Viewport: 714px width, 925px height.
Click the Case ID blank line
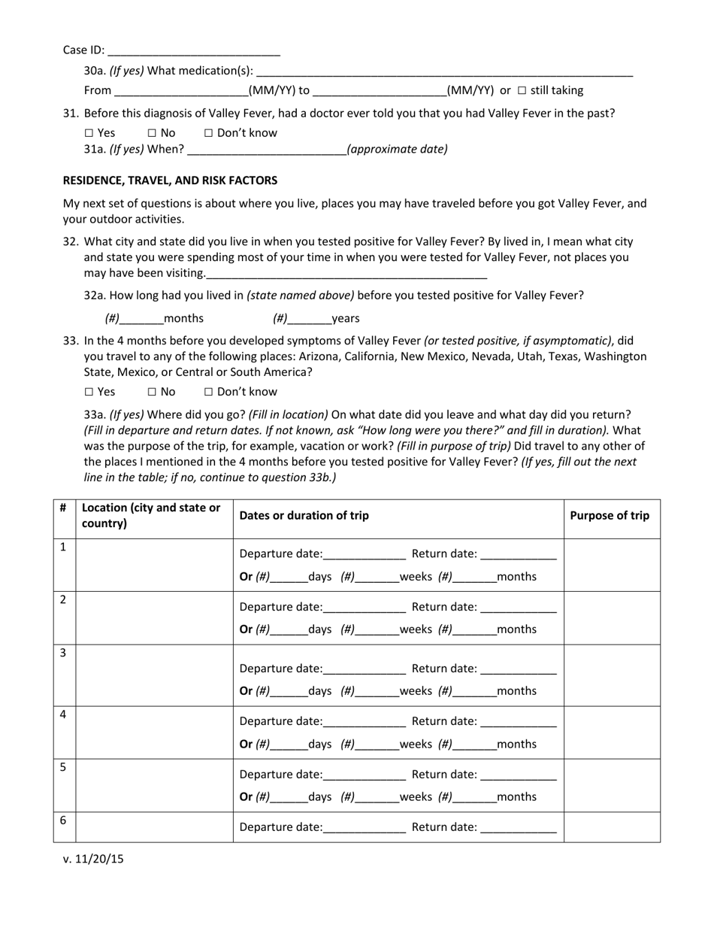point(194,51)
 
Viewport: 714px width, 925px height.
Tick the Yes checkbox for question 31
point(89,133)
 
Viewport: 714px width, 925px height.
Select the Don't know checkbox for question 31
point(209,133)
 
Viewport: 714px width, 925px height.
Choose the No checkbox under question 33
point(152,392)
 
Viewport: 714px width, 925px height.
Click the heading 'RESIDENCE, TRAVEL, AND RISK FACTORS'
point(170,180)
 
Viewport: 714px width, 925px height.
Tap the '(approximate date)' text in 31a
point(397,149)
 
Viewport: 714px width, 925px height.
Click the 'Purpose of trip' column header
point(610,515)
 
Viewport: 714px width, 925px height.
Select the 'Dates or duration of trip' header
point(304,515)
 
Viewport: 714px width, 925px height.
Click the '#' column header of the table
point(63,508)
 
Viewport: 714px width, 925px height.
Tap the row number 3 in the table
point(63,653)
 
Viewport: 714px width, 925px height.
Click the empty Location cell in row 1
point(154,565)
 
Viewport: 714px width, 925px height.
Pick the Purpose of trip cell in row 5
point(612,785)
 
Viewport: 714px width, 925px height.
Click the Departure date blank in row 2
point(364,608)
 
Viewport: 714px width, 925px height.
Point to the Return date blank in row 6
point(518,828)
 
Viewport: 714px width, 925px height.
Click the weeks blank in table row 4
point(377,745)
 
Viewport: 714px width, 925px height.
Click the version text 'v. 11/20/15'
point(93,859)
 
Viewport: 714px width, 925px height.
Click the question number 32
point(71,241)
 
